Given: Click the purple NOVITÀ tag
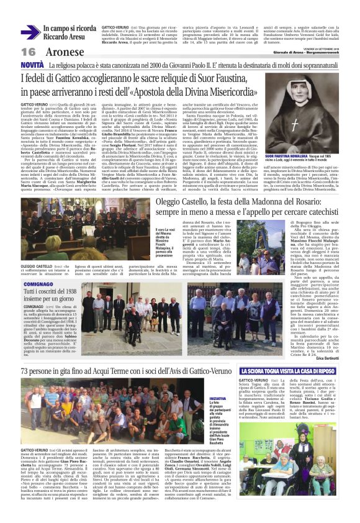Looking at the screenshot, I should (x=32, y=65).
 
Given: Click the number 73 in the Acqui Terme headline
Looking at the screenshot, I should (x=27, y=371).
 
